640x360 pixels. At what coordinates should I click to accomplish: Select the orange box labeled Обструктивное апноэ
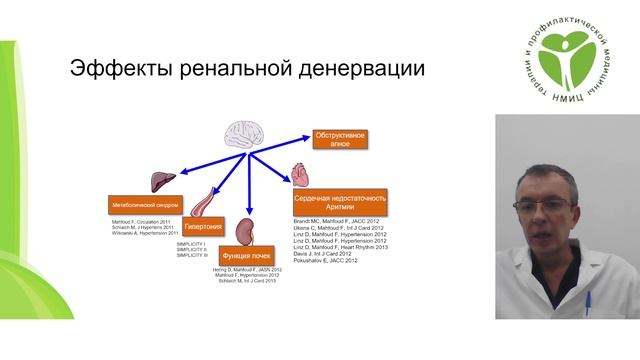(x=340, y=139)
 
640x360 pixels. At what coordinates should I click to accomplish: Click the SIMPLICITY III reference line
(x=192, y=255)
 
